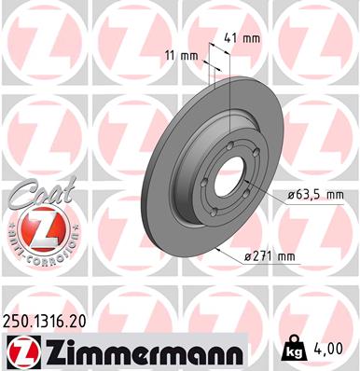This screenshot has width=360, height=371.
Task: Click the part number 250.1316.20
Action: (55, 320)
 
